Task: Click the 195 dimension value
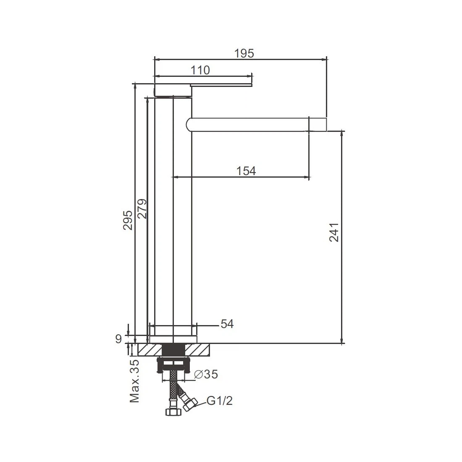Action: pos(244,54)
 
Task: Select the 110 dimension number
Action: pos(200,71)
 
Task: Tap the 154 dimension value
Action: pos(246,171)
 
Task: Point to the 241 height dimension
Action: pos(334,233)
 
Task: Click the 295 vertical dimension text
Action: pos(128,220)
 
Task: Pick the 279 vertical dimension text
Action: pos(142,209)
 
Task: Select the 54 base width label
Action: pos(227,324)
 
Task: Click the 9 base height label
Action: pos(118,339)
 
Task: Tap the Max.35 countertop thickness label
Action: pos(134,381)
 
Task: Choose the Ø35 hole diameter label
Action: pos(206,374)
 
